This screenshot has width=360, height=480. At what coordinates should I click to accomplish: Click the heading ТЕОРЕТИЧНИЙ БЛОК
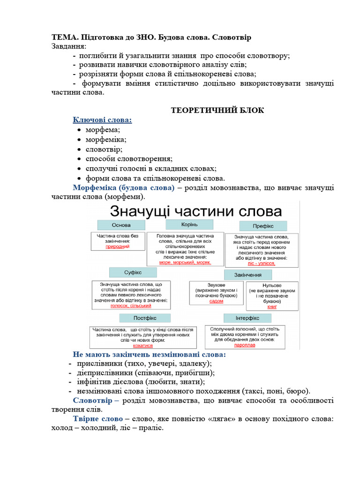coord(217,111)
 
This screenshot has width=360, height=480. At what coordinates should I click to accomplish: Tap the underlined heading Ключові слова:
coord(102,120)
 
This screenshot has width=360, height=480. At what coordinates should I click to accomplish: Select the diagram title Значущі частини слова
coord(195,210)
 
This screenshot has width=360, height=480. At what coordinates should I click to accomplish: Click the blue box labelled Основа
coord(121,225)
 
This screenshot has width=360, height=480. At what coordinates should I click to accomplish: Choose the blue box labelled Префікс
coord(263,226)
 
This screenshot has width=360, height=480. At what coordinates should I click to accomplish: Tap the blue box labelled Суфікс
coord(133,272)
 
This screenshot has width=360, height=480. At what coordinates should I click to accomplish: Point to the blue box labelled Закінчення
coord(248,275)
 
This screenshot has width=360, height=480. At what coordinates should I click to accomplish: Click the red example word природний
coord(117,246)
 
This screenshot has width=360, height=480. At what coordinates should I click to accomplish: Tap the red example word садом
coord(216,301)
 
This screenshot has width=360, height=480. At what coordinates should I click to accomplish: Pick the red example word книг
coord(272,307)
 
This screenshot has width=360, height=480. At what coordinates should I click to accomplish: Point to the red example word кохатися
coord(143,345)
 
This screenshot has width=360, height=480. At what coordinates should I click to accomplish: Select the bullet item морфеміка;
coord(106,139)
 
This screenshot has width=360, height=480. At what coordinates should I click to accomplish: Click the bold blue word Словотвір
coord(92,400)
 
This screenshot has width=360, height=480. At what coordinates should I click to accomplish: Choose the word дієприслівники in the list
coord(104,373)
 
